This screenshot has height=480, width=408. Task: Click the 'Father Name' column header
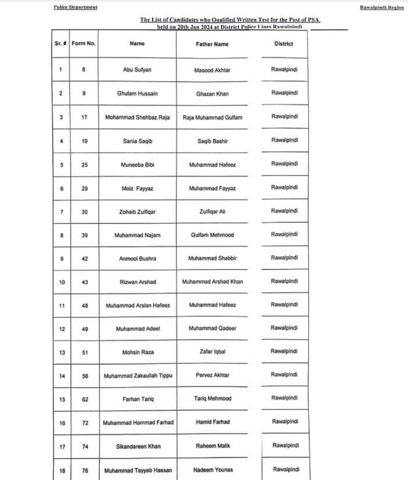(x=212, y=44)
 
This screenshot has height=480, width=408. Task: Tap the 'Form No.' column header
(x=83, y=43)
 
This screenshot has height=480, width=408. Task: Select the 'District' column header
(x=284, y=43)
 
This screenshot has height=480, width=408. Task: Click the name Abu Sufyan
(x=137, y=70)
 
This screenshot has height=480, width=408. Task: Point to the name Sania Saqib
(x=138, y=141)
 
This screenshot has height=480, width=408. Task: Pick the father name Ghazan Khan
(x=212, y=94)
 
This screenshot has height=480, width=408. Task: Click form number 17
(x=84, y=117)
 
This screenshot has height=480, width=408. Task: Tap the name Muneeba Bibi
(x=138, y=165)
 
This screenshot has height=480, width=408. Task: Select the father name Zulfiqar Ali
(x=212, y=211)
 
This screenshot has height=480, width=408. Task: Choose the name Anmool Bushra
(x=138, y=259)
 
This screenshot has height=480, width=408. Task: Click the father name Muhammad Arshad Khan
(x=212, y=281)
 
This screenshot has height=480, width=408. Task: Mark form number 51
(x=85, y=353)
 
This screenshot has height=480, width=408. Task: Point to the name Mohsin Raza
(x=138, y=352)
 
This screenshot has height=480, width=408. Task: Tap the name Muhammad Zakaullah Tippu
(x=138, y=376)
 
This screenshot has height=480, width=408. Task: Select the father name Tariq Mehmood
(x=213, y=398)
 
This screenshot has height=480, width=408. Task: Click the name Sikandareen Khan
(x=138, y=446)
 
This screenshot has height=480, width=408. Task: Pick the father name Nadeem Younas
(x=213, y=470)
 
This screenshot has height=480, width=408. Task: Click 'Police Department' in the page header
(x=76, y=7)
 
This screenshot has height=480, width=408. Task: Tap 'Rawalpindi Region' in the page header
(x=382, y=7)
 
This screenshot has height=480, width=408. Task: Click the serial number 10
(x=62, y=282)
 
